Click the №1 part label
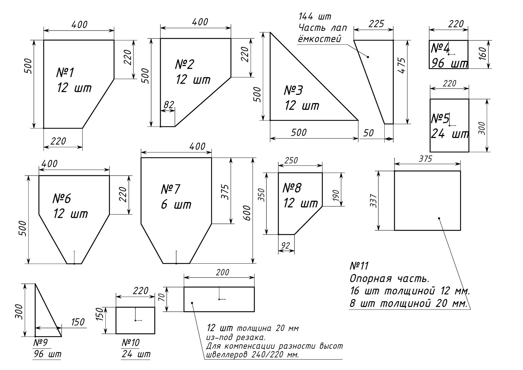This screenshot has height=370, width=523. pyautogui.click(x=65, y=73)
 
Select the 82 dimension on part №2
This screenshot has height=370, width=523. pyautogui.click(x=169, y=105)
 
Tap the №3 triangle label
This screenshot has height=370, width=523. pyautogui.click(x=293, y=90)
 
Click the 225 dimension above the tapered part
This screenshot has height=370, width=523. pyautogui.click(x=376, y=24)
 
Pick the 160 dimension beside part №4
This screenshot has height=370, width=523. pyautogui.click(x=482, y=54)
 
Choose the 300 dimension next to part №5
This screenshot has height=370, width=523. pyautogui.click(x=482, y=128)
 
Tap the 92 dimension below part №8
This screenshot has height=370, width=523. pyautogui.click(x=285, y=246)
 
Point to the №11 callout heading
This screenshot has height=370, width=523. pyautogui.click(x=359, y=266)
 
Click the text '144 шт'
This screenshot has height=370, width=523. pyautogui.click(x=315, y=17)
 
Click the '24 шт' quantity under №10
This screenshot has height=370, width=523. pyautogui.click(x=136, y=354)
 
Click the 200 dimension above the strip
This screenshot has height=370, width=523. pyautogui.click(x=223, y=272)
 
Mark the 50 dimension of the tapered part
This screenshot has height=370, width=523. pyautogui.click(x=369, y=133)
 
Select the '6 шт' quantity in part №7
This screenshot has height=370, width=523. pyautogui.click(x=176, y=204)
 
